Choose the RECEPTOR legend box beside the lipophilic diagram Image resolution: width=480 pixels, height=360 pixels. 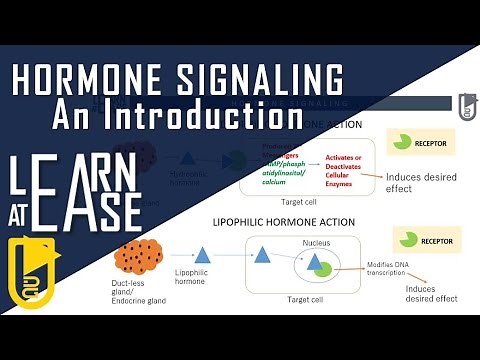point(421,239)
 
